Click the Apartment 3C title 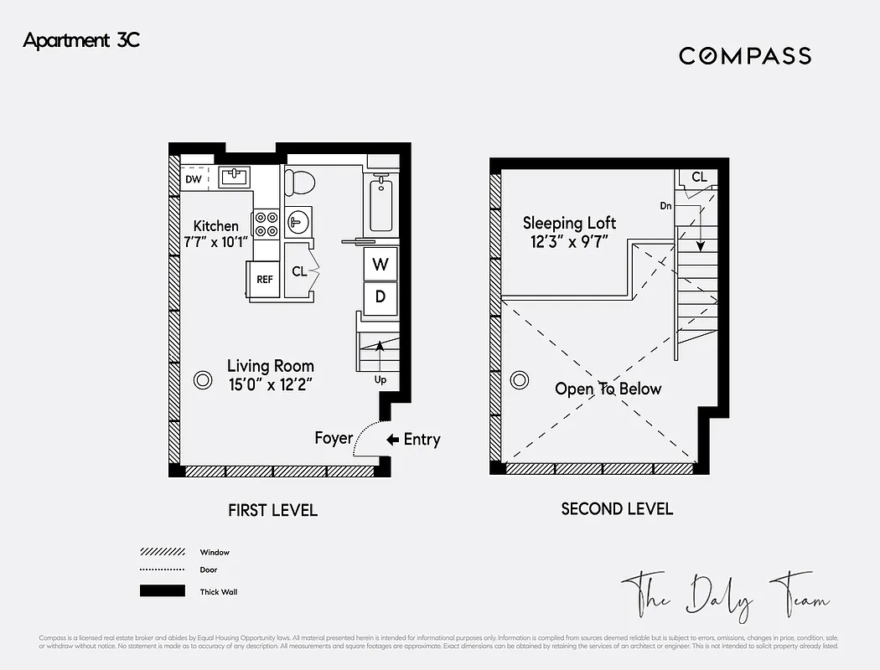81,40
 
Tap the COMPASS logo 744,56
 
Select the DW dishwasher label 193,179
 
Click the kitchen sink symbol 234,177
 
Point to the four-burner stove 267,224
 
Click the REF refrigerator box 264,280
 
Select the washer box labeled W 380,265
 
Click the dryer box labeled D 380,296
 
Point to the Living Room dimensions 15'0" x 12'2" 271,384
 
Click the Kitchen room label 215,226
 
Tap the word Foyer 333,438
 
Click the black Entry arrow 392,440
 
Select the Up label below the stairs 381,379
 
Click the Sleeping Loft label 569,223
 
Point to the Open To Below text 608,389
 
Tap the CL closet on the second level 699,178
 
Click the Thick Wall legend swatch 162,591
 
